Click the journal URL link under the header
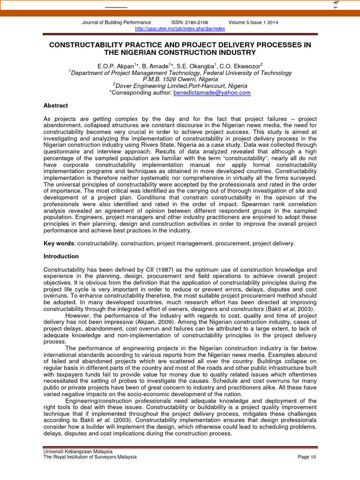coord(180,29)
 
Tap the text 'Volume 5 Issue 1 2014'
coord(254,22)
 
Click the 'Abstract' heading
coord(56,105)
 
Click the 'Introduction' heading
coord(61,256)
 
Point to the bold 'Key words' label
coord(59,244)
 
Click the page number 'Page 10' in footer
coord(307,457)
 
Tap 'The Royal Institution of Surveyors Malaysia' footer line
coord(90,457)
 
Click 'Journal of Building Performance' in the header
coord(116,22)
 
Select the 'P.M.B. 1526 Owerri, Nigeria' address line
coord(180,80)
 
